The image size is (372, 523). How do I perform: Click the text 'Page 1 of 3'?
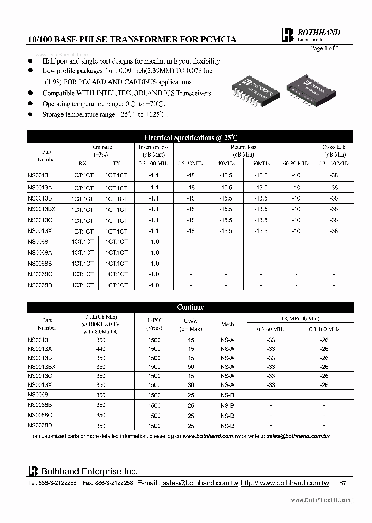[324, 48]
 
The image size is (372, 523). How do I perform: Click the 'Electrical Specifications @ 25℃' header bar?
[190, 137]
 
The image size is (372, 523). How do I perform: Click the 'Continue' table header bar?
[190, 307]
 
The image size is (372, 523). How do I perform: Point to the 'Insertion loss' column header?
[153, 147]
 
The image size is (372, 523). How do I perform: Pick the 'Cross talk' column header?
[334, 147]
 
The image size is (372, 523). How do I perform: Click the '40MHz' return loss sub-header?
[225, 163]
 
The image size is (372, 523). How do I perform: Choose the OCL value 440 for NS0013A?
[101, 349]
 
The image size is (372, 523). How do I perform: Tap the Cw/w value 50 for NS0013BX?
[191, 367]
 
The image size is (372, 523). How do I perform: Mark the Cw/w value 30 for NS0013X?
[191, 385]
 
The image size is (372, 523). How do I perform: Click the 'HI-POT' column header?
[154, 320]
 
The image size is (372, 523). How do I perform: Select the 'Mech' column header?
[227, 324]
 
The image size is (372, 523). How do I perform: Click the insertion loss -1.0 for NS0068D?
[154, 286]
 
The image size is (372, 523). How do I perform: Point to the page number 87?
[343, 483]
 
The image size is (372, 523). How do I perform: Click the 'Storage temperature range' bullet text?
[105, 115]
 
